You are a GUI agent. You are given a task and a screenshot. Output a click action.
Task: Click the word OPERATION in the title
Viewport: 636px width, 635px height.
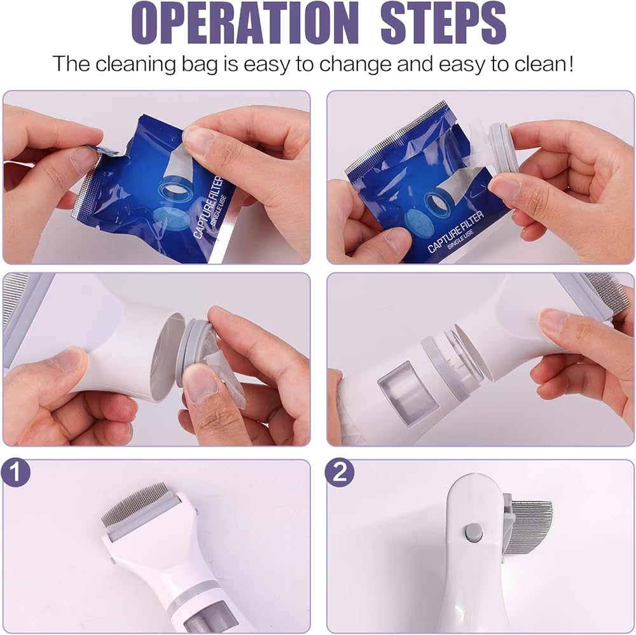245,23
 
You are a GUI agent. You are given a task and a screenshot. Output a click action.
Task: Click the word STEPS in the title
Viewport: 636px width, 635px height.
443,23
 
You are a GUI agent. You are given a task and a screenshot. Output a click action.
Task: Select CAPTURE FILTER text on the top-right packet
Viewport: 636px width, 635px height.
456,232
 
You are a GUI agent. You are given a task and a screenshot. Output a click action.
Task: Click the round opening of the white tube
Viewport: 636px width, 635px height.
165,357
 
